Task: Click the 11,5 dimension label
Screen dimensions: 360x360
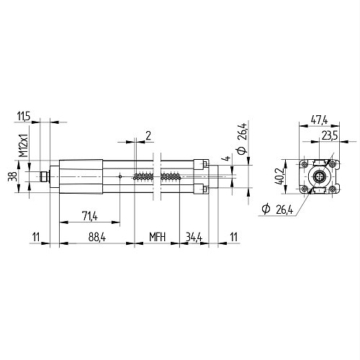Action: (x=24, y=117)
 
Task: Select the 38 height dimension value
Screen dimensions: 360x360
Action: (x=13, y=176)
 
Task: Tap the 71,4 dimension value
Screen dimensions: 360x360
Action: (x=90, y=216)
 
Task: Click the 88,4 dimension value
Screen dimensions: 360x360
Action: (x=97, y=237)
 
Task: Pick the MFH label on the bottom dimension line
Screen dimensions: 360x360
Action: (x=158, y=237)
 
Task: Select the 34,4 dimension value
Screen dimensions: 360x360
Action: (x=194, y=237)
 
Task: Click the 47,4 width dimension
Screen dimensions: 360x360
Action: (x=319, y=120)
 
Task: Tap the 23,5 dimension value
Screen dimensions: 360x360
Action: (x=330, y=136)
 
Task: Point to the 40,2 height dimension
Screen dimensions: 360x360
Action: (x=279, y=176)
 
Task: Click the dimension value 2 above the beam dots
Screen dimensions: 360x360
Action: (x=148, y=136)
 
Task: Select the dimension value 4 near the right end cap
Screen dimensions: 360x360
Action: (x=227, y=158)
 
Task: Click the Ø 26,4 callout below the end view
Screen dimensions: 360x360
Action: (x=277, y=210)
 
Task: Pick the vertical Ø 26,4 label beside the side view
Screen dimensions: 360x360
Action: (x=242, y=138)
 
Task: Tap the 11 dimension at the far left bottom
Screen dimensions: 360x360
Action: (x=36, y=237)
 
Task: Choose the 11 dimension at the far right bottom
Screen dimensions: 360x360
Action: (x=234, y=237)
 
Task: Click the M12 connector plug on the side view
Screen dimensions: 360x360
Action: (x=45, y=176)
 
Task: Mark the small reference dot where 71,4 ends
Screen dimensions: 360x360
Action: (x=120, y=176)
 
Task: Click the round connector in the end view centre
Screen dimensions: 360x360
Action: (x=319, y=177)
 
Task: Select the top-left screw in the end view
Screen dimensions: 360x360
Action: (x=305, y=164)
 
